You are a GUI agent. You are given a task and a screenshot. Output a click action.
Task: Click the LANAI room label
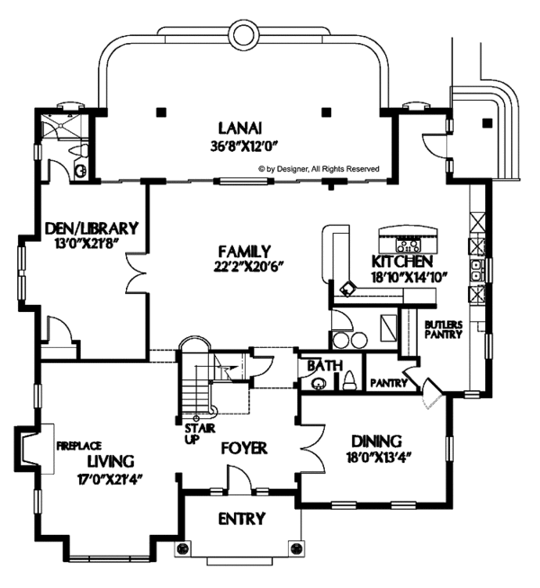click(x=239, y=129)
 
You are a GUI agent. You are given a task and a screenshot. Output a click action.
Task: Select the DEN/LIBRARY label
click(x=92, y=228)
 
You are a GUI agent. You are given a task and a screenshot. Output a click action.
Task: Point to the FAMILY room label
click(x=244, y=251)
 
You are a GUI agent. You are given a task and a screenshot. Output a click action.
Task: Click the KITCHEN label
click(x=402, y=262)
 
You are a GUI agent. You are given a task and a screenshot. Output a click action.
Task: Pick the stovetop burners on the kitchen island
click(x=409, y=245)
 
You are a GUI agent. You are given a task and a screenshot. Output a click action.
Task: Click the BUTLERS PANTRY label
click(x=443, y=330)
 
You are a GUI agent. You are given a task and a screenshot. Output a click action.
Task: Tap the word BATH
click(x=325, y=366)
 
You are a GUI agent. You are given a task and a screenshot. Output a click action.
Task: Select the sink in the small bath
click(x=319, y=383)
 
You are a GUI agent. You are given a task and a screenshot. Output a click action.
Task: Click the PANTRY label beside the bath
click(x=389, y=383)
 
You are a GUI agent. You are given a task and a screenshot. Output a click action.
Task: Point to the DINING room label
click(x=376, y=441)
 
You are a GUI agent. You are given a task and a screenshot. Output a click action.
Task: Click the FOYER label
click(x=244, y=448)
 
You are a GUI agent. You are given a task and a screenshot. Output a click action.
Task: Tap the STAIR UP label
click(x=200, y=433)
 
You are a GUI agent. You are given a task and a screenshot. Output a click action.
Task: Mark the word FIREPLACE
click(x=79, y=446)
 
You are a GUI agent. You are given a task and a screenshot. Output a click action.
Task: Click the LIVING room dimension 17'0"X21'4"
click(x=112, y=479)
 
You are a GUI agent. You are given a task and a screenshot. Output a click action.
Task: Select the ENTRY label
click(x=242, y=519)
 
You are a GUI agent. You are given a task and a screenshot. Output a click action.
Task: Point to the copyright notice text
click(x=319, y=169)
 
